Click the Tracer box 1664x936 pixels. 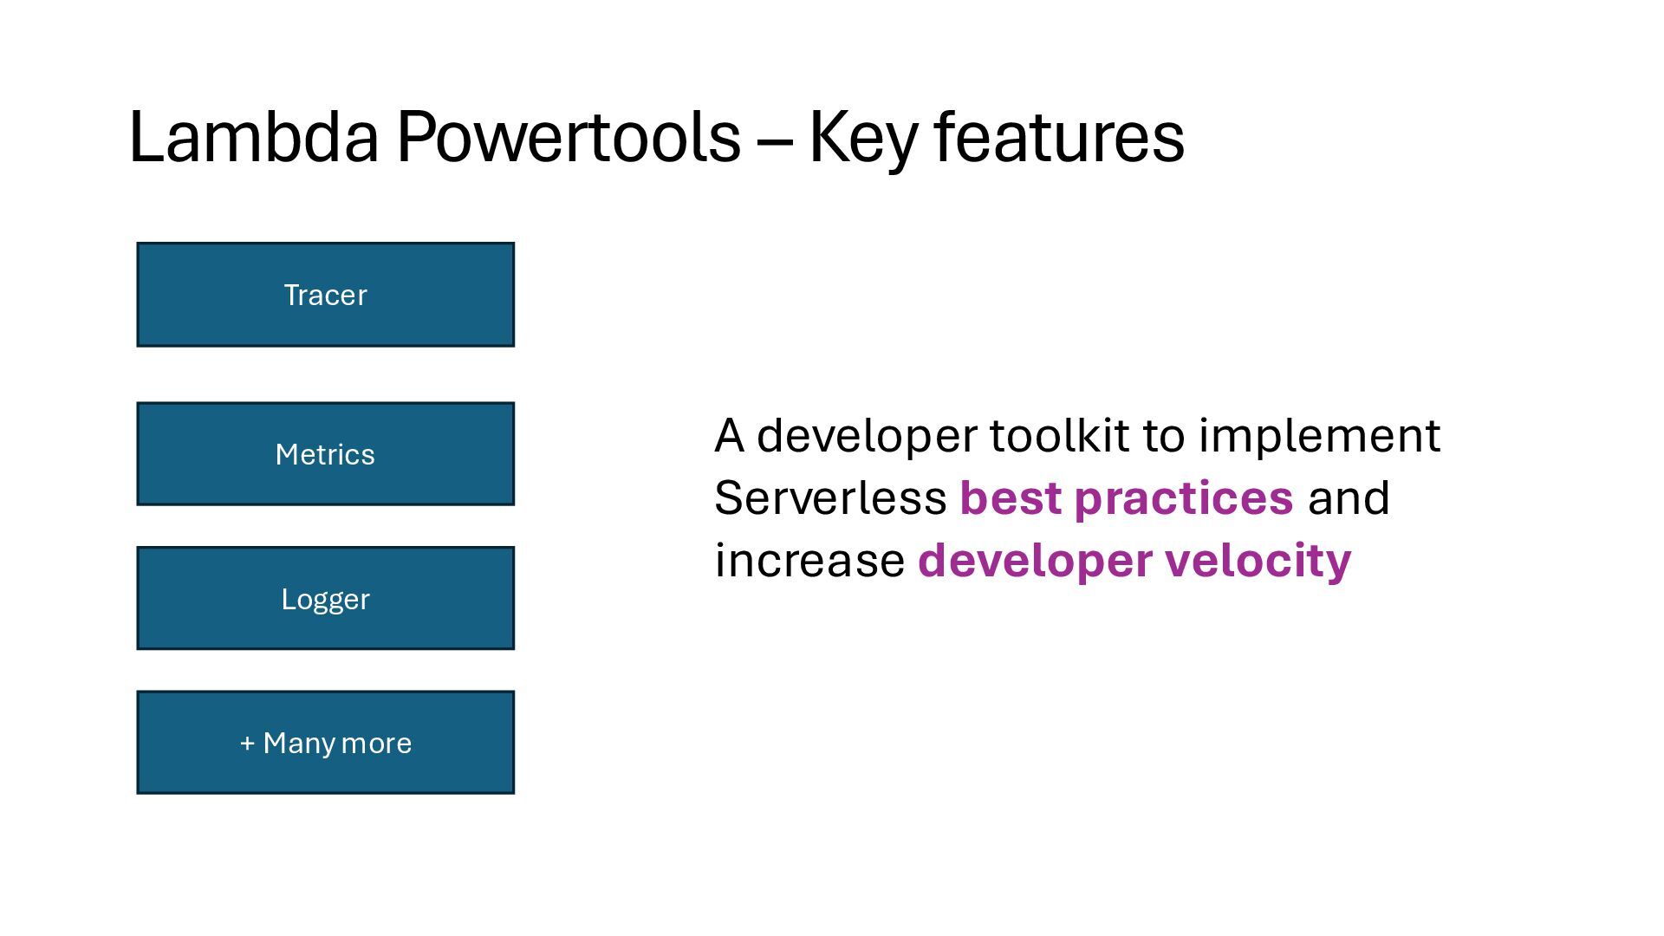click(325, 295)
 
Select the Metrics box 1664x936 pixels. click(325, 453)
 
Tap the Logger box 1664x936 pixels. click(325, 598)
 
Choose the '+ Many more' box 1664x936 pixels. click(325, 742)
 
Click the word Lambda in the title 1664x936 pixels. click(254, 136)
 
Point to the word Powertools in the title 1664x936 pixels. click(569, 136)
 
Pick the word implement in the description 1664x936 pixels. click(1320, 438)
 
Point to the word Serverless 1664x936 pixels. click(830, 497)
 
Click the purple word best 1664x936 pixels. click(1011, 497)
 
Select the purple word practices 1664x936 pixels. click(1184, 501)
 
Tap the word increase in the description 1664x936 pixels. click(809, 560)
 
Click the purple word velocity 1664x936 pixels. click(1258, 563)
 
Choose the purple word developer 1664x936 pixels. click(1035, 563)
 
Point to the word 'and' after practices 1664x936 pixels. click(1349, 497)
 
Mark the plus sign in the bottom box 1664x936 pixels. click(248, 744)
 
